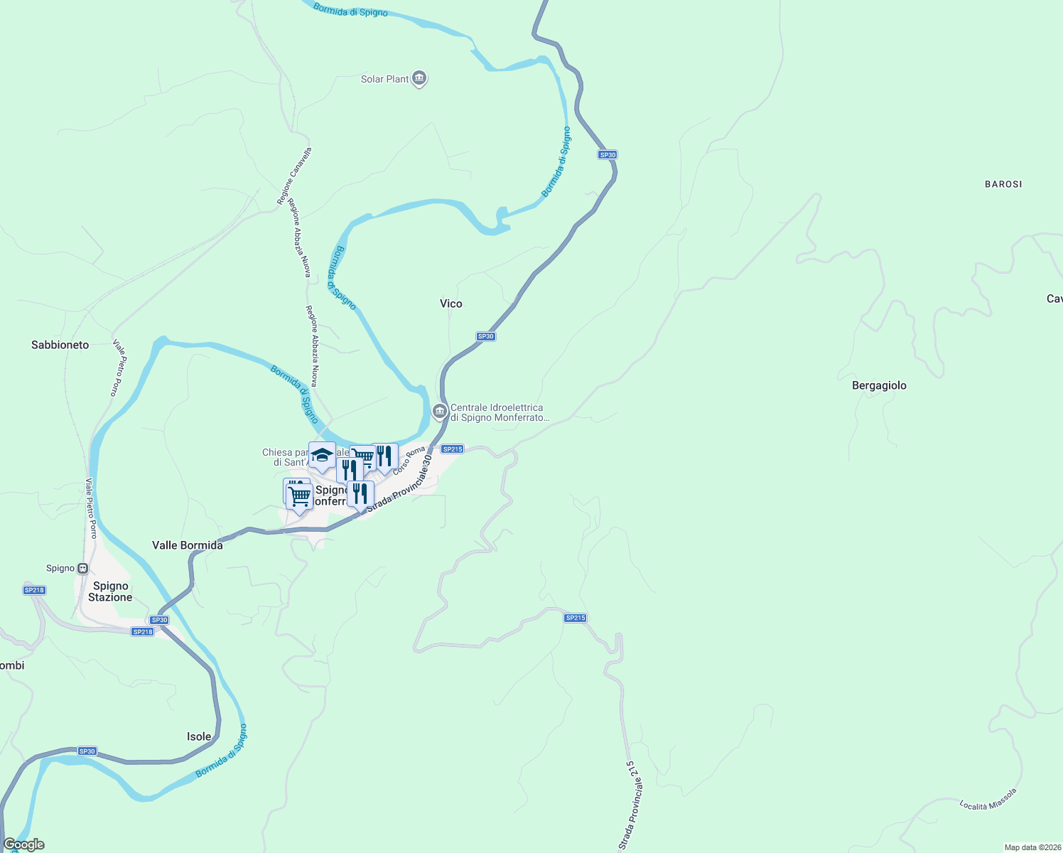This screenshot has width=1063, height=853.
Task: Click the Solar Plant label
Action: [384, 79]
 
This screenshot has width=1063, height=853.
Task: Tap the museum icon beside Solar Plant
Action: [419, 78]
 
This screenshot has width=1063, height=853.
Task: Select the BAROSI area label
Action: [1003, 184]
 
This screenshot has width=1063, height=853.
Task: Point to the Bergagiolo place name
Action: [879, 385]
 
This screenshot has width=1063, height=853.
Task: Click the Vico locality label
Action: [450, 304]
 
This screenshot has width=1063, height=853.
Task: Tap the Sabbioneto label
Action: [60, 345]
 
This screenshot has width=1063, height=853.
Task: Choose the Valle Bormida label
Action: [187, 545]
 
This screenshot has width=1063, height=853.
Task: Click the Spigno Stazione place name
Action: [110, 591]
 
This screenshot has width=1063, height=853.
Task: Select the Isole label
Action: [199, 736]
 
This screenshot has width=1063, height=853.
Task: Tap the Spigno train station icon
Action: [83, 568]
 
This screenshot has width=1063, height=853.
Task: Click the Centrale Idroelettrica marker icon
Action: [440, 411]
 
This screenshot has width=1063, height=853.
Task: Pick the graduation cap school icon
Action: [322, 455]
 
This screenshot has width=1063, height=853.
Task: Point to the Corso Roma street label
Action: [409, 461]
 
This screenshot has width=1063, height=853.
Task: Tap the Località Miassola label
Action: [988, 799]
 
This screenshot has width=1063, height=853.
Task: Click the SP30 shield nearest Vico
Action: [485, 336]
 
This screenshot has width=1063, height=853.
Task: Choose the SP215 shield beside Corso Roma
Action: [452, 449]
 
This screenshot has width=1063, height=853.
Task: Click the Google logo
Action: [24, 844]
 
